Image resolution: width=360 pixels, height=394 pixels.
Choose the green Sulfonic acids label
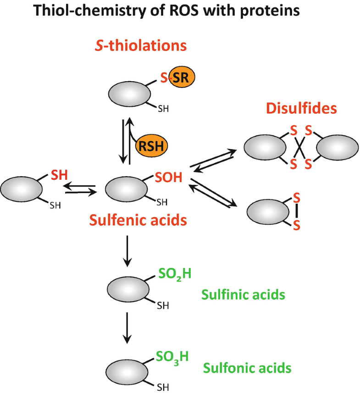(x=247, y=367)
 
